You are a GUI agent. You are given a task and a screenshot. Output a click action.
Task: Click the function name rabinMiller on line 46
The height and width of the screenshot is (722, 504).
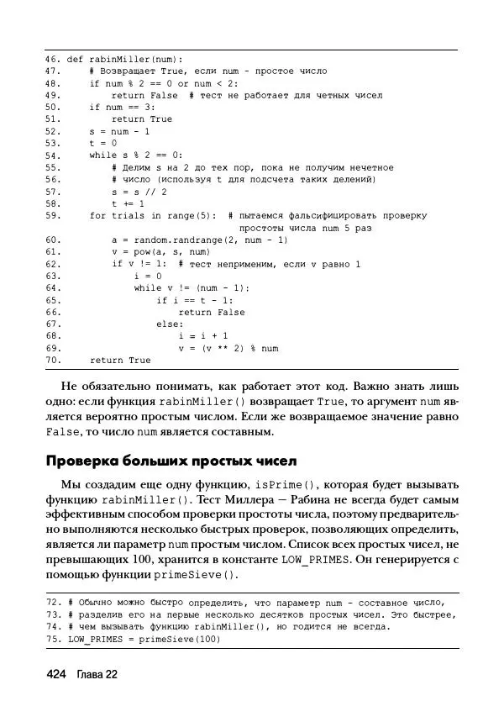point(116,60)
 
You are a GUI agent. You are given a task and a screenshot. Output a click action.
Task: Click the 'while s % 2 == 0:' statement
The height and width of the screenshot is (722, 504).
point(135,155)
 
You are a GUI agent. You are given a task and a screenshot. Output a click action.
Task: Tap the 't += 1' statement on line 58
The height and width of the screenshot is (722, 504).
point(128,203)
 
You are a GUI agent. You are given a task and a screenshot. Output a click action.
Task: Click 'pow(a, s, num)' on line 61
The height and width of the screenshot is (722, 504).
point(169,252)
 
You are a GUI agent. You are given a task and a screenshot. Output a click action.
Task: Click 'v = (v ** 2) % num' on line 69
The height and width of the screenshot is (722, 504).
point(228,348)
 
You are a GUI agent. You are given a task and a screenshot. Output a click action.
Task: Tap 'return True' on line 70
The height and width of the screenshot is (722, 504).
point(119,361)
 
